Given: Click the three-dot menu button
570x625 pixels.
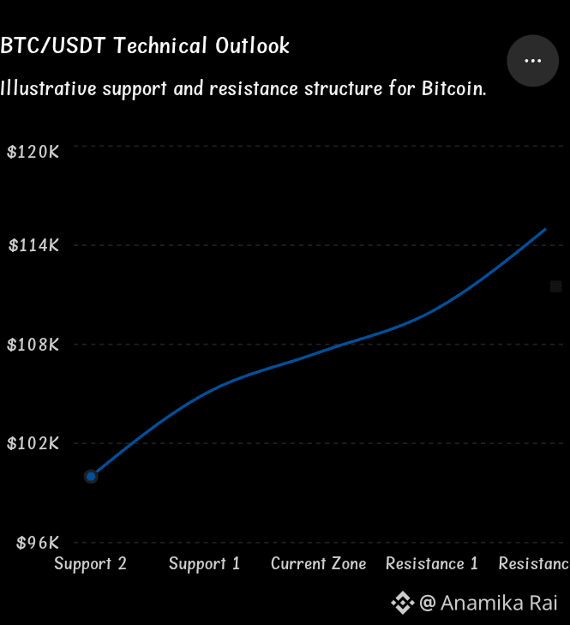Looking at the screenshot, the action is (x=532, y=61).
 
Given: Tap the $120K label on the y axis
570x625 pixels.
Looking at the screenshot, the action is (x=33, y=152).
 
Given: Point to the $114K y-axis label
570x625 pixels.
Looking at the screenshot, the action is (x=34, y=245).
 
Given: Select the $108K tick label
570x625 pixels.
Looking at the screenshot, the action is (x=33, y=345).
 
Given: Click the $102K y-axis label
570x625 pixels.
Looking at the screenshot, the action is (x=33, y=443).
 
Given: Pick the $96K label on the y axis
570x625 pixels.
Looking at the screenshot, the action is (x=38, y=543).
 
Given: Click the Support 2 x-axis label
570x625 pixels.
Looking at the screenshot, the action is (x=91, y=564).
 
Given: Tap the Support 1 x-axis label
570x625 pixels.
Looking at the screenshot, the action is (x=205, y=564).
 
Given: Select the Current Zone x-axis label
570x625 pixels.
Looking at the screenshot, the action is (x=319, y=563).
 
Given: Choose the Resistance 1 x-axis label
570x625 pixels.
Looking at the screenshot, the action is (x=432, y=563).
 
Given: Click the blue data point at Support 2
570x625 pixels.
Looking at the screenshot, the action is (x=91, y=477).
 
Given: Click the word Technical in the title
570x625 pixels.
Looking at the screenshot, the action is (x=160, y=45).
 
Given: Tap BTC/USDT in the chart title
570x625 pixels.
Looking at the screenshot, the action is (x=53, y=45).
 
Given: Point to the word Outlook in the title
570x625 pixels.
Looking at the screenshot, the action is (x=252, y=45).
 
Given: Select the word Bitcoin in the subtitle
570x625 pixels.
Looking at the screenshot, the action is (x=454, y=88).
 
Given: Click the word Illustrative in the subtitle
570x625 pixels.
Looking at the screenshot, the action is (x=48, y=88).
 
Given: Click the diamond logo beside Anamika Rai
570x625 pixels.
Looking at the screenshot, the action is (x=403, y=603).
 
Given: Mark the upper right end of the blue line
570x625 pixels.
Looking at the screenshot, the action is (x=545, y=229).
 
